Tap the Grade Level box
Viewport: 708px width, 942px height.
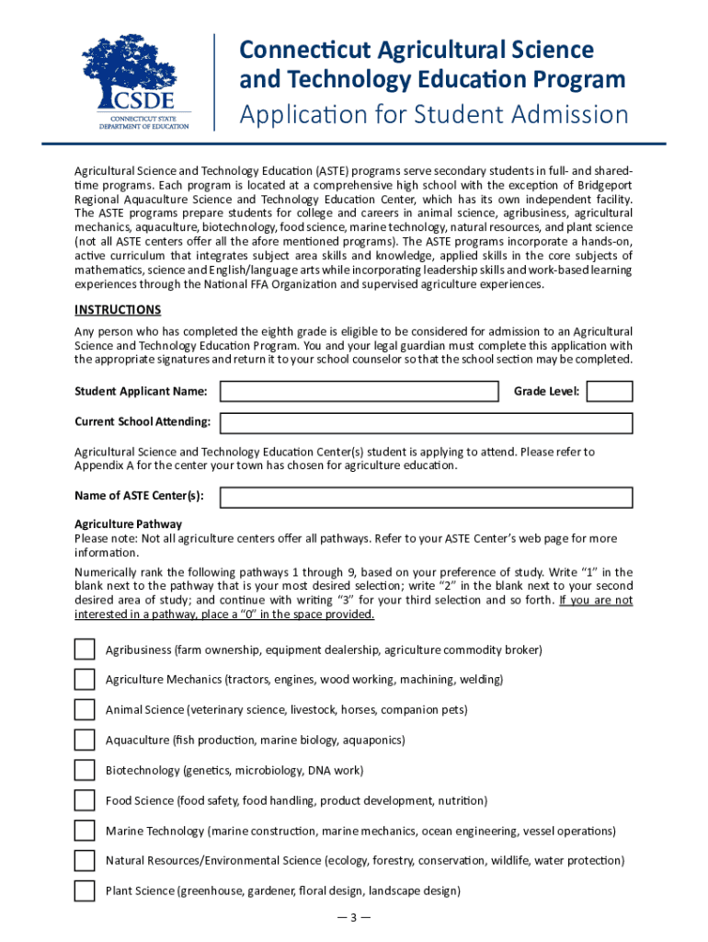[609, 392]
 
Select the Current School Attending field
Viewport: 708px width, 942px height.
[426, 422]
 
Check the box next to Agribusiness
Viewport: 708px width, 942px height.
[85, 649]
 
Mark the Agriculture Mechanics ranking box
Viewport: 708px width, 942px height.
[85, 680]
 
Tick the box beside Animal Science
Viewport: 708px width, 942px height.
[85, 710]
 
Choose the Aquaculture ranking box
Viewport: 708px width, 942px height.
[85, 740]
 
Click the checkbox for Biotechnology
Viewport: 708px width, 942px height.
[85, 770]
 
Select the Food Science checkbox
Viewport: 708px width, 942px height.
[85, 800]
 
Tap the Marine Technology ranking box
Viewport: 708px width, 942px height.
[85, 831]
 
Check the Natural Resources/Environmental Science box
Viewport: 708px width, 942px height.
[85, 861]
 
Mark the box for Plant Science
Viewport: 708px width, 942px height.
[85, 890]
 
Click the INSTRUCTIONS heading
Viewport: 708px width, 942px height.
[118, 310]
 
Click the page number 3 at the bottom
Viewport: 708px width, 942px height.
[353, 917]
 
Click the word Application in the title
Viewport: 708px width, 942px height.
[298, 116]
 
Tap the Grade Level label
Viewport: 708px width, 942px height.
[546, 392]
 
